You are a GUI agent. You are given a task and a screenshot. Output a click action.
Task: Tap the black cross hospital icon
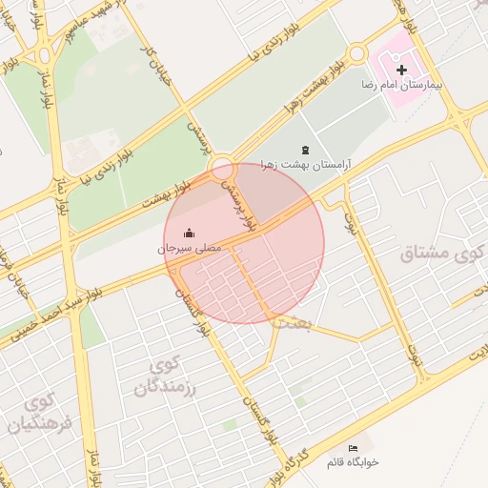tap(401, 70)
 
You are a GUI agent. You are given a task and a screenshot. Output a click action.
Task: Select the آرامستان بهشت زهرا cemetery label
tap(304, 164)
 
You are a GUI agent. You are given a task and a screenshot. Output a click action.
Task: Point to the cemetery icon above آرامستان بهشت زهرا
tap(305, 150)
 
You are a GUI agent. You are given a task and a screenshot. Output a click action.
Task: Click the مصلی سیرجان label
tap(189, 248)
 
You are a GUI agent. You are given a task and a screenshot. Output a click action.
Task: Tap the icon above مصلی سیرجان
tap(189, 234)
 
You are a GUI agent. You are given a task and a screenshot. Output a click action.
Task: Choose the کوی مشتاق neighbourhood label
tap(437, 255)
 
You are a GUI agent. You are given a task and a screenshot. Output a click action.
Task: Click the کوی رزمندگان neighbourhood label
tap(163, 376)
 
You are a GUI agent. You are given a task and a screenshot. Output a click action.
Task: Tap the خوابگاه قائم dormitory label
tap(353, 461)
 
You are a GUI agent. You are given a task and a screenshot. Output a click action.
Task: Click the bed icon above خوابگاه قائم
tap(354, 448)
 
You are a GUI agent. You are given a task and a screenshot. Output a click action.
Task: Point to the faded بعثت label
tap(291, 324)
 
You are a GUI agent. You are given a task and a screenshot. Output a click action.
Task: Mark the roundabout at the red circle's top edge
tap(224, 168)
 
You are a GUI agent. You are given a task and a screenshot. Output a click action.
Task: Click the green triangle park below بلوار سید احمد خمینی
tap(90, 328)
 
